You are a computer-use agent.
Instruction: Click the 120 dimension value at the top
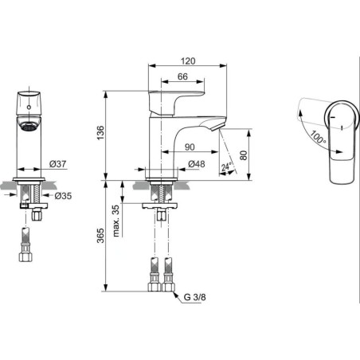(x=188, y=61)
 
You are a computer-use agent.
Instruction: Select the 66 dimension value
(x=182, y=76)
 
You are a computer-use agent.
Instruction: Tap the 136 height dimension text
(x=101, y=133)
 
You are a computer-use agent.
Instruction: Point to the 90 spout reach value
(x=190, y=147)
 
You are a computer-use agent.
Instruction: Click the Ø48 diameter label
(x=197, y=164)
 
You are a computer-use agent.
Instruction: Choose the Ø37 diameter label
(x=57, y=164)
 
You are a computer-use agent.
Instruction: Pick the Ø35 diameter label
(x=63, y=196)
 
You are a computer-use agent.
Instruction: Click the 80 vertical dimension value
(x=244, y=155)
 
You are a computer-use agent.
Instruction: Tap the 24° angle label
(x=226, y=166)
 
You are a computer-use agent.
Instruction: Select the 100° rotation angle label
(x=318, y=137)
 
